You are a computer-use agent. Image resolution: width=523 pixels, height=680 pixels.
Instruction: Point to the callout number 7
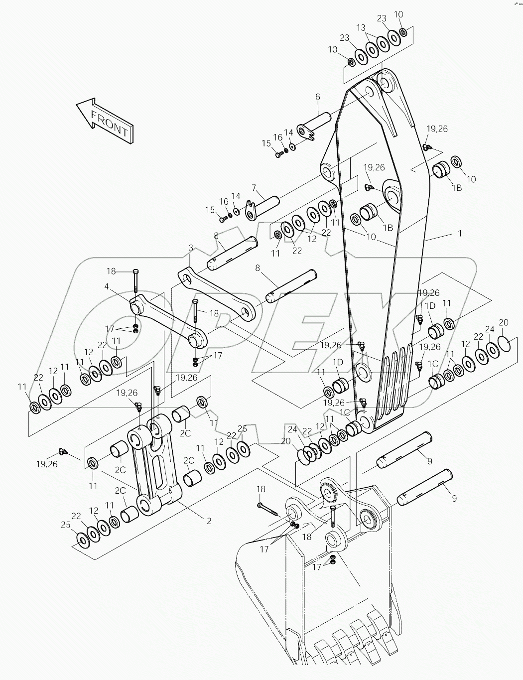click(x=254, y=188)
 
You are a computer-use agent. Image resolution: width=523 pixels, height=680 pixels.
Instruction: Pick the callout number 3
click(x=191, y=247)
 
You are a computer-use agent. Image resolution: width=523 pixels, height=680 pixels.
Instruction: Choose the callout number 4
click(x=106, y=286)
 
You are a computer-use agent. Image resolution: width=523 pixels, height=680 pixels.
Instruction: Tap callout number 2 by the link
click(x=209, y=521)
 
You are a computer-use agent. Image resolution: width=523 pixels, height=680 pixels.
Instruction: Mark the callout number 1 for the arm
click(x=460, y=233)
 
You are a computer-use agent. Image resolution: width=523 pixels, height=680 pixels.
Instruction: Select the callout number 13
click(x=361, y=27)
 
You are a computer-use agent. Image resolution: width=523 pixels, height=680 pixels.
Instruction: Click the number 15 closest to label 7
click(x=210, y=210)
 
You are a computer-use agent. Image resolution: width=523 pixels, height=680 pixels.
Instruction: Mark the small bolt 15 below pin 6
click(x=278, y=154)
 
